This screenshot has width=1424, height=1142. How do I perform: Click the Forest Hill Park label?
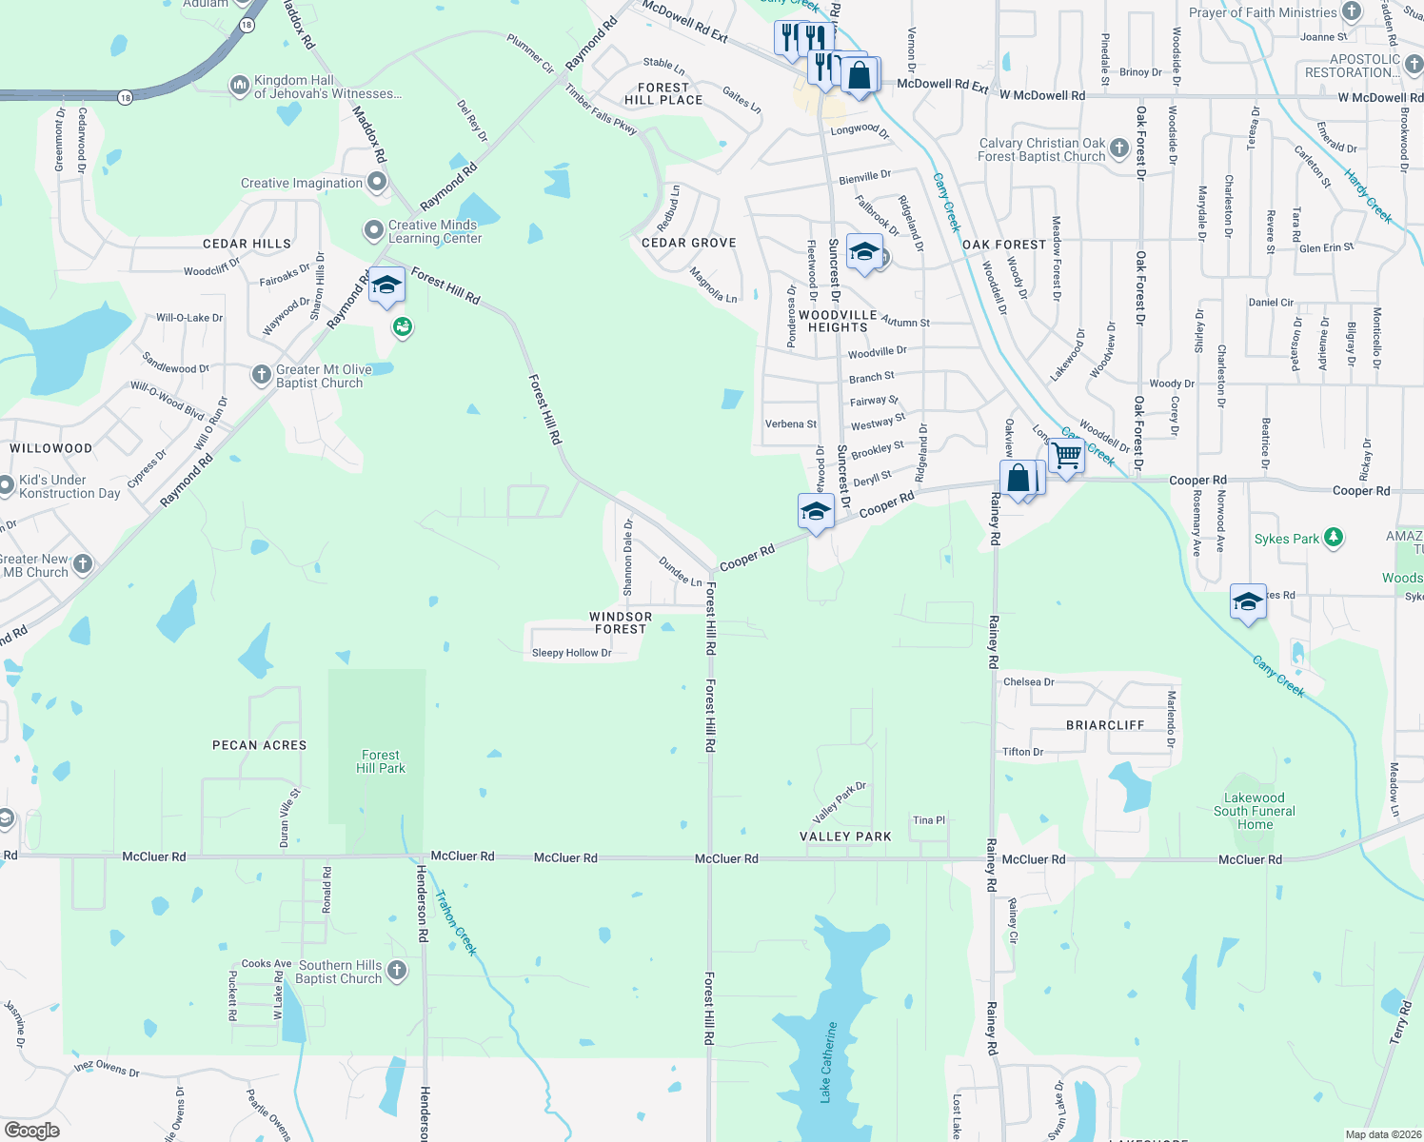pos(381,761)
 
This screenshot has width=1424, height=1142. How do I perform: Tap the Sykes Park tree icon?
pos(1334,538)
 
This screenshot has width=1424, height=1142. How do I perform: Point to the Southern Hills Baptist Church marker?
pos(397,971)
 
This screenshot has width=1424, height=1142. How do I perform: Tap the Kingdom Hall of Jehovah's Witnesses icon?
pos(239,86)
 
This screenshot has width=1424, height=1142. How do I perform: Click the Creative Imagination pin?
pos(378,182)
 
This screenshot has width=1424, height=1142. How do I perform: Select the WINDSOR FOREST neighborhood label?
pos(621,622)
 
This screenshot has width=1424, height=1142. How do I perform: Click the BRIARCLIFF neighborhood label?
pos(1105,725)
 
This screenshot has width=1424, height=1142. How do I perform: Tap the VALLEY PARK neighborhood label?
pos(845,837)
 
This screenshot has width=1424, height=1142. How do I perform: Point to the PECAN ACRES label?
pos(260,745)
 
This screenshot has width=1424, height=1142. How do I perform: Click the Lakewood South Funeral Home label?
pos(1255,811)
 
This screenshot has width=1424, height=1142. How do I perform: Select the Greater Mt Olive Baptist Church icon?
pos(262,375)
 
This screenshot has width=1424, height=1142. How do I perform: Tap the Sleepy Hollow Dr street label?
pos(571,653)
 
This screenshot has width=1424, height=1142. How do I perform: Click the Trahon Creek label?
pos(456,922)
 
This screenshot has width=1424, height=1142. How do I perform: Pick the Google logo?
pos(31,1131)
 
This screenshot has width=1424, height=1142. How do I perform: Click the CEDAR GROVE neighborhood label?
pos(689,243)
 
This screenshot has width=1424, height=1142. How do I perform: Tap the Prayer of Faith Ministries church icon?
pos(1352,11)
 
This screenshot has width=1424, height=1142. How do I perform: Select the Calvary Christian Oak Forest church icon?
pos(1119,148)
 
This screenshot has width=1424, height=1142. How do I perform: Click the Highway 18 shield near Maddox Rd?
pos(247,26)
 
